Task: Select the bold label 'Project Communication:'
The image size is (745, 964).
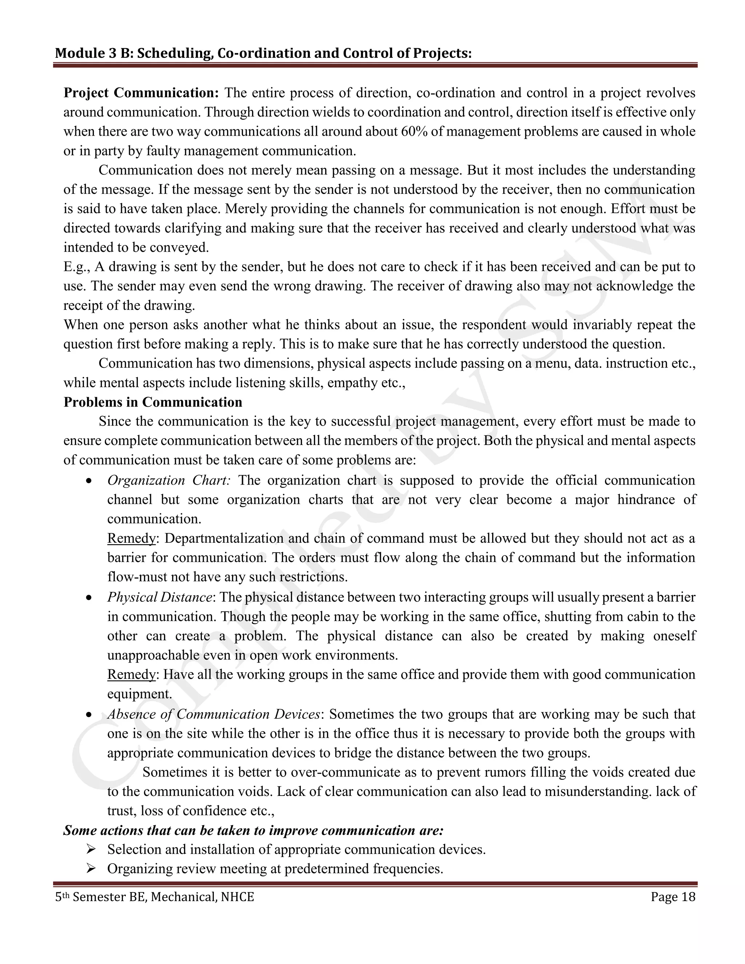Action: (x=141, y=93)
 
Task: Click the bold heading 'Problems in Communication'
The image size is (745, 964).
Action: (x=153, y=402)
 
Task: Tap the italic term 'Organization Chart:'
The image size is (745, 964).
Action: (x=168, y=480)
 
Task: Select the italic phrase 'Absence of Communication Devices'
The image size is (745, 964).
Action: (x=214, y=714)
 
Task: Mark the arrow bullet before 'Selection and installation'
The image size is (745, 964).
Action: (x=91, y=849)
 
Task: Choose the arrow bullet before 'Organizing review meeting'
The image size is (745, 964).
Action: (x=91, y=869)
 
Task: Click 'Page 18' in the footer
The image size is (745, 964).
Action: (x=673, y=897)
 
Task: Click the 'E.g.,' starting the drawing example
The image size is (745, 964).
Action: (x=77, y=267)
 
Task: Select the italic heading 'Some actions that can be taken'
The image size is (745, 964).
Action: (x=253, y=830)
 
